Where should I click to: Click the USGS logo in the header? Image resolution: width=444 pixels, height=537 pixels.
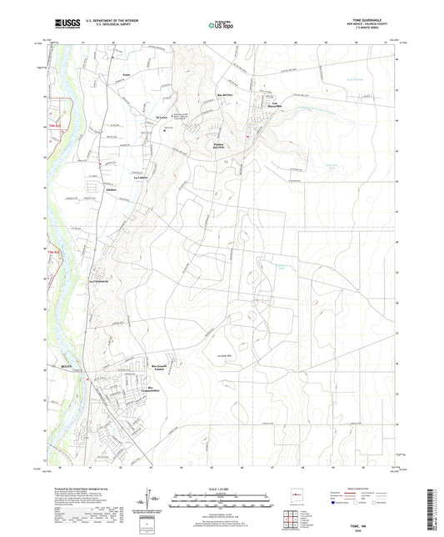[64, 23]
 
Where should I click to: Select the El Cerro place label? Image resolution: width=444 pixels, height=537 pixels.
[162, 118]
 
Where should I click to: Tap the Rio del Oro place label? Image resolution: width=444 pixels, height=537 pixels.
[223, 96]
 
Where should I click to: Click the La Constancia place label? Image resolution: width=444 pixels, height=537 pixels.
[100, 280]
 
